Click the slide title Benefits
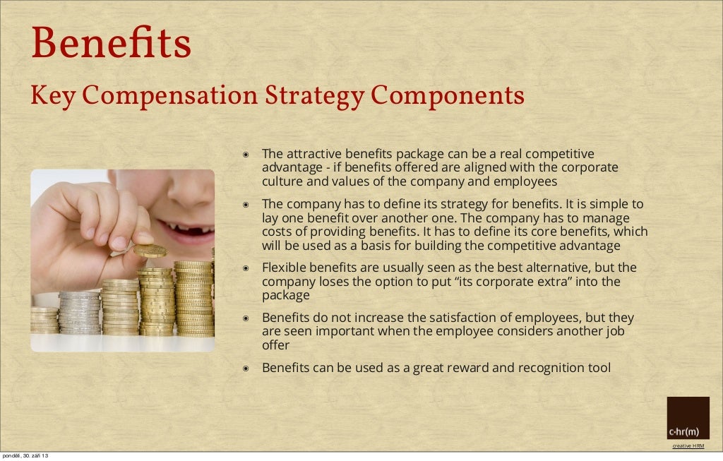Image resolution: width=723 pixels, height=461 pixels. [x=111, y=44]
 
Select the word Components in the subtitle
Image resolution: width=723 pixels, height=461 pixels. [x=448, y=95]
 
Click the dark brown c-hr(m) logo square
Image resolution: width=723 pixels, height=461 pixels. [x=688, y=418]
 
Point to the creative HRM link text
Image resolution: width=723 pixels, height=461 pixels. [x=688, y=445]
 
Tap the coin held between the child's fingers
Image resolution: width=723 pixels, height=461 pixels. [x=150, y=251]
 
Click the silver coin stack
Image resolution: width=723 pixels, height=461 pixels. [x=78, y=312]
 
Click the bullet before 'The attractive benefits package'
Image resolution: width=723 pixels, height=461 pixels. [x=246, y=154]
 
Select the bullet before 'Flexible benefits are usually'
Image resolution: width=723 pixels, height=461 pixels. [x=246, y=268]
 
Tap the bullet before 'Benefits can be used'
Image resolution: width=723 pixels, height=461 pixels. [x=246, y=369]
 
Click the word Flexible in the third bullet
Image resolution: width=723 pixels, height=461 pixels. [x=285, y=268]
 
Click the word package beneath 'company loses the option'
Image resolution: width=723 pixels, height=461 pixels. [x=286, y=295]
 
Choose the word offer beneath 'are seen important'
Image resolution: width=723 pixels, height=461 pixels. [x=276, y=346]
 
